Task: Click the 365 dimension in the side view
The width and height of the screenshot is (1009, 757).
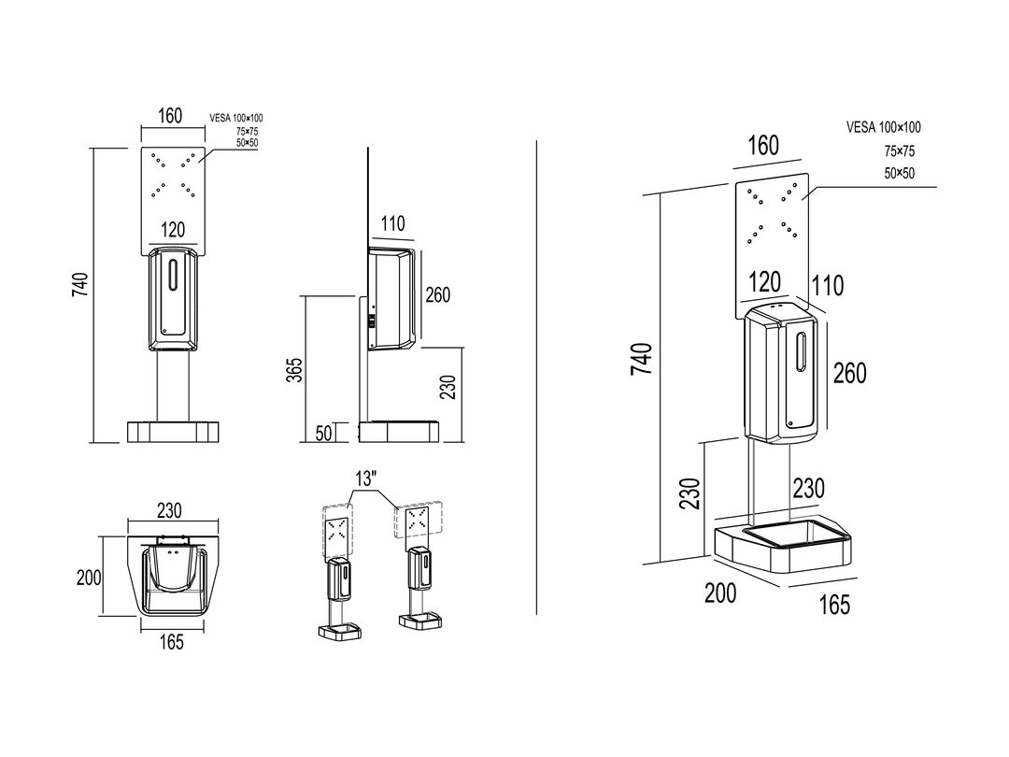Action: click(294, 369)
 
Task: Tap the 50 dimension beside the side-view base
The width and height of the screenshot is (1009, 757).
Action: click(324, 433)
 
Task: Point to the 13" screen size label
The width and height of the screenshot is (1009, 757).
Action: click(365, 478)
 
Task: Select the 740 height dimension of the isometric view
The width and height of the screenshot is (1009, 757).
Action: click(642, 359)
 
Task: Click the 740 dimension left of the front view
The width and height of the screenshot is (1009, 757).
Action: click(80, 284)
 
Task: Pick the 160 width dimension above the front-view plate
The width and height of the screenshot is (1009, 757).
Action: click(170, 116)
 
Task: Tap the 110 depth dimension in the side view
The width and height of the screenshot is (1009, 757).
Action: click(392, 223)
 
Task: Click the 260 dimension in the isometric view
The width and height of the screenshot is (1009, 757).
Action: click(850, 373)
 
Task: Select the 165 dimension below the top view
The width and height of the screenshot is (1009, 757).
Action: click(171, 642)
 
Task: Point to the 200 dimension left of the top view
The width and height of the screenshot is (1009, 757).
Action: click(89, 578)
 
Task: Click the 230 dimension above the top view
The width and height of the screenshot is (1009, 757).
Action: click(168, 510)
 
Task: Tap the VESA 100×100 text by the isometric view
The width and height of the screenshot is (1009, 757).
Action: click(884, 127)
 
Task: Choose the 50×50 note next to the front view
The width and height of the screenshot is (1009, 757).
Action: click(247, 143)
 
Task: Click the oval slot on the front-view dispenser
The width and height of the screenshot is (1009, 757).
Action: click(173, 275)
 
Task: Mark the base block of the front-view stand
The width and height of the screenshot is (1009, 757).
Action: click(173, 431)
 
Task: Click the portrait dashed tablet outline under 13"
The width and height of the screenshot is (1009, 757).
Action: click(337, 531)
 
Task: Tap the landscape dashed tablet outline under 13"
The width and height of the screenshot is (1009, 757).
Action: click(419, 520)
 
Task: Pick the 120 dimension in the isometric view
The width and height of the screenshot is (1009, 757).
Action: click(765, 282)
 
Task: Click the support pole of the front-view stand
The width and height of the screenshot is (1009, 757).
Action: click(173, 386)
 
